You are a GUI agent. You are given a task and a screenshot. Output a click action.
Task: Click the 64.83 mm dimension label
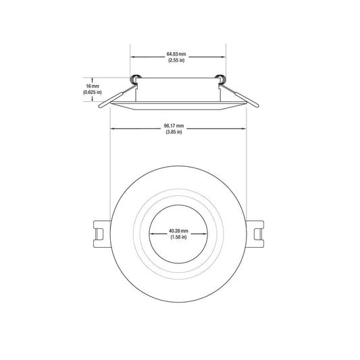176,54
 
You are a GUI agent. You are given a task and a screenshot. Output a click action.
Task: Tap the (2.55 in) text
176,60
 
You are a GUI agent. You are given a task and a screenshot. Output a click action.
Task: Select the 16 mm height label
93,86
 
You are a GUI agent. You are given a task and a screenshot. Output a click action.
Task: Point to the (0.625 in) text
93,93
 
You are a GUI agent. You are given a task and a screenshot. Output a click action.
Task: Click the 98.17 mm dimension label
174,126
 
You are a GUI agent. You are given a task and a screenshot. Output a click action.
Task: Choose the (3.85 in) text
174,132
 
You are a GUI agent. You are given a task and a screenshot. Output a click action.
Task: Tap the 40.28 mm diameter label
178,231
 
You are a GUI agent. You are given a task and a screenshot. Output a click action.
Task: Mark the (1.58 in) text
178,237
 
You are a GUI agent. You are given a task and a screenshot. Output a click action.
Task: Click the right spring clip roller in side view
221,79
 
